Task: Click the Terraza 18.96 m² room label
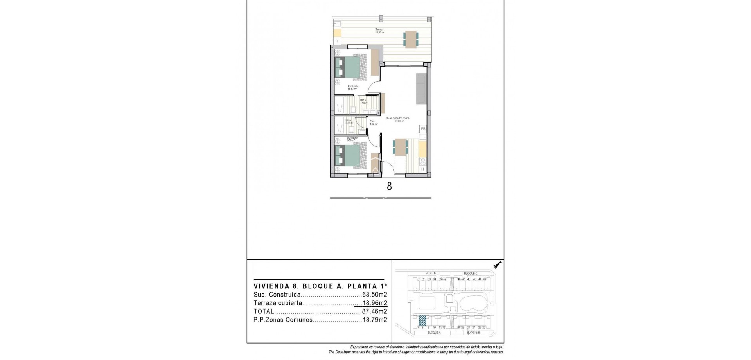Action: click(x=379, y=31)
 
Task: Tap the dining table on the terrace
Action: click(x=411, y=39)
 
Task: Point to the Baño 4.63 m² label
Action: click(x=90, y=101)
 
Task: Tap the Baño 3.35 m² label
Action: click(x=75, y=121)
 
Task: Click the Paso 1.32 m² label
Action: click(x=373, y=122)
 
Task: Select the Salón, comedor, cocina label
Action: click(x=398, y=119)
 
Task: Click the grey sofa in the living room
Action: click(x=421, y=89)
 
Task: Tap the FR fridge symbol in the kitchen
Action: click(x=422, y=129)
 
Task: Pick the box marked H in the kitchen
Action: click(x=422, y=169)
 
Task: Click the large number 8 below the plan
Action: click(x=389, y=186)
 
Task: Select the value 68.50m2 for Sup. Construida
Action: click(x=374, y=295)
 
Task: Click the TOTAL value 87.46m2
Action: click(x=374, y=311)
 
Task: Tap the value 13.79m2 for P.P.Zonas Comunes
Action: click(x=374, y=320)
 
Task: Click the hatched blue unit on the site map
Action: click(x=422, y=320)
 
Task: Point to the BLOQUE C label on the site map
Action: click(x=471, y=274)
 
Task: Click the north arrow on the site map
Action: click(x=497, y=266)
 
